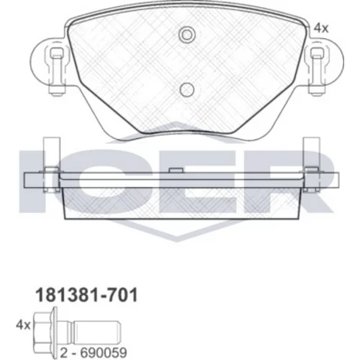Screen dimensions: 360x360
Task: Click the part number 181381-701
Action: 86,295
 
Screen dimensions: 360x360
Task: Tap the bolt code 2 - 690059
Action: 94,353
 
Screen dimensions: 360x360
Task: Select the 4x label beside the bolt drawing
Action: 23,325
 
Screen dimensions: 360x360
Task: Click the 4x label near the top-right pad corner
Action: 321,29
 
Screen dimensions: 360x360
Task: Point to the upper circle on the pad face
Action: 187,35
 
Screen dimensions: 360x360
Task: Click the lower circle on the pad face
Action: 186,90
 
